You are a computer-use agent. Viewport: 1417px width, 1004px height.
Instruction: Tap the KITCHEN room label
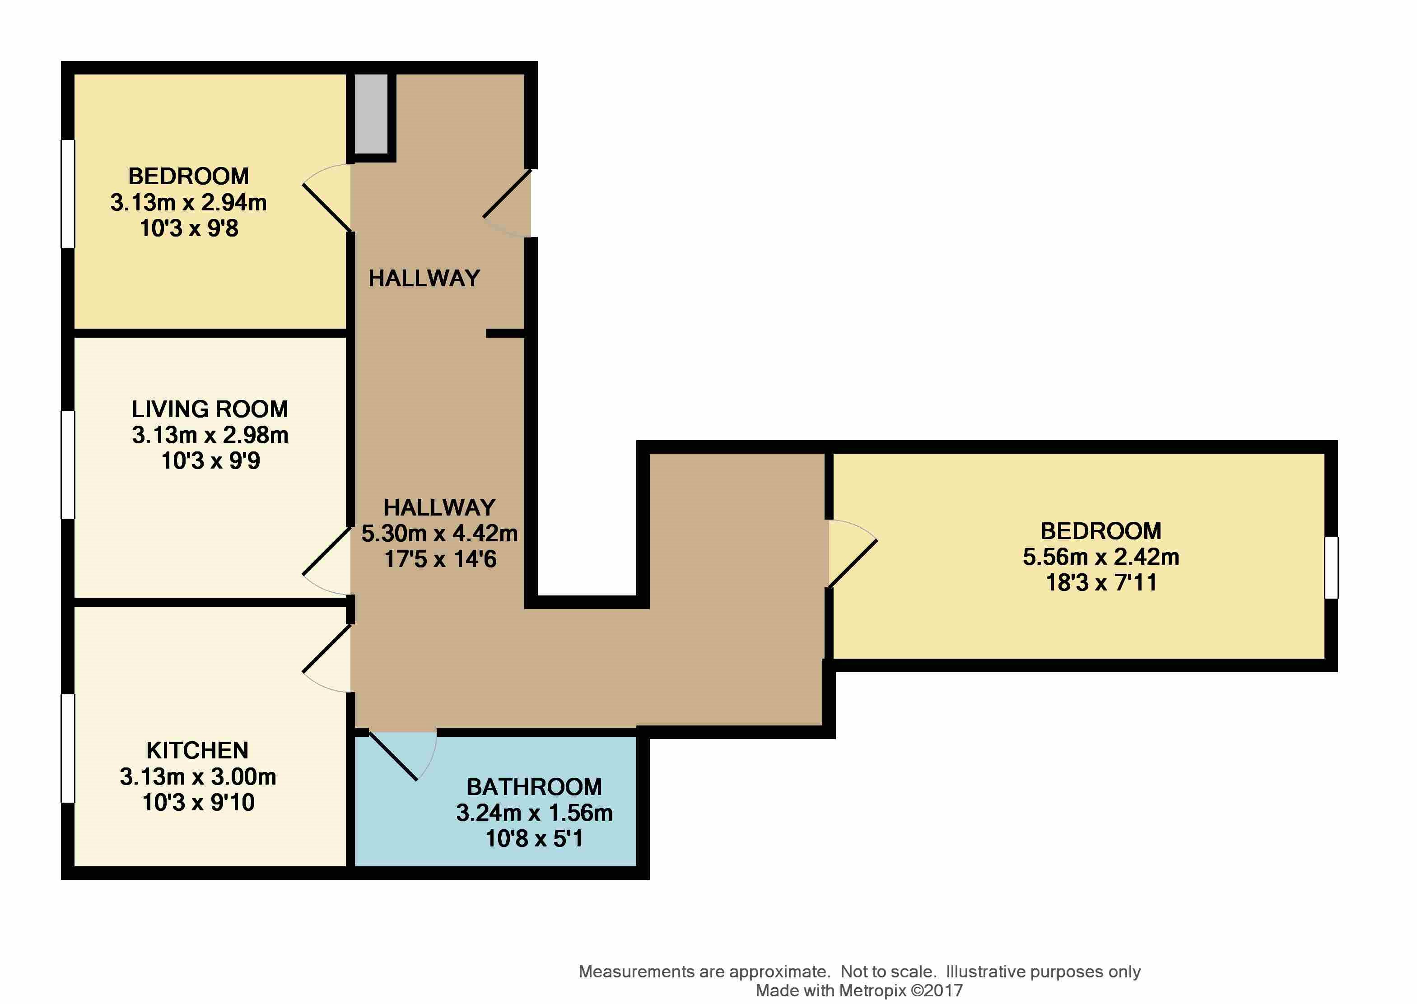click(x=197, y=751)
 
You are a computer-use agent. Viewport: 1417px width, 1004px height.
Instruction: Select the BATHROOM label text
click(x=534, y=787)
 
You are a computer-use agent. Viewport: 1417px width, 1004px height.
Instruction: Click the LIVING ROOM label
click(x=210, y=409)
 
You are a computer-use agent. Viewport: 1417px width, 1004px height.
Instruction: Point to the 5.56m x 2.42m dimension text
click(x=1100, y=557)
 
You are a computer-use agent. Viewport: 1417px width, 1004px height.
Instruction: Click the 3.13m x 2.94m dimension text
click(x=189, y=203)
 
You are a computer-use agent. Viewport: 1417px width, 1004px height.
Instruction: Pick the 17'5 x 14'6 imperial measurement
click(x=440, y=559)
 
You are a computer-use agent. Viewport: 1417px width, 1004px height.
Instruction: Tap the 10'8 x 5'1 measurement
click(x=534, y=839)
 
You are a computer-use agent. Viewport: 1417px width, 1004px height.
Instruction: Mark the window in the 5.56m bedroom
click(x=1331, y=567)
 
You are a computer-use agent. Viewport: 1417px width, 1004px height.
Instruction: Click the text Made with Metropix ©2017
click(x=859, y=990)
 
